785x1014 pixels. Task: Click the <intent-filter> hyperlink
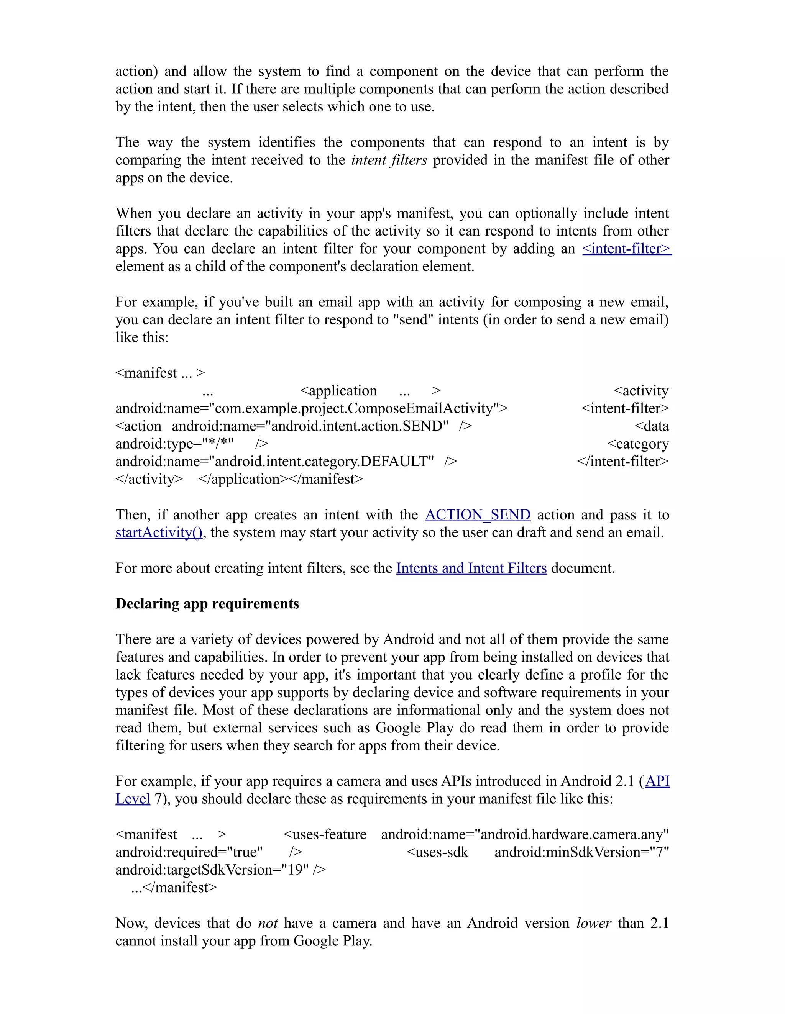626,249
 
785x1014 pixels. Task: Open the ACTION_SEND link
477,515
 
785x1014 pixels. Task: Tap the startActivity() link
158,532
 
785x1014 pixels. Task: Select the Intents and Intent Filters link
471,568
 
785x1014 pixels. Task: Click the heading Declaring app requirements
207,604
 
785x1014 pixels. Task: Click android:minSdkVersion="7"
581,852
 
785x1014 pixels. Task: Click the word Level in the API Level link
133,799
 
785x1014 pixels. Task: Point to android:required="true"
189,852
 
